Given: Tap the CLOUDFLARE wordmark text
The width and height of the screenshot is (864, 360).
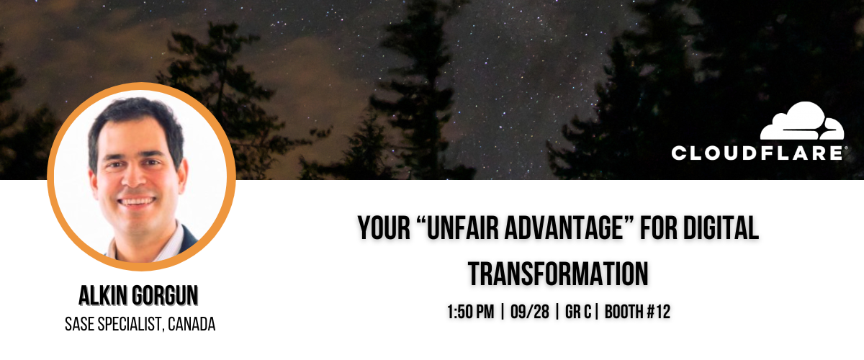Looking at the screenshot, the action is tap(757, 153).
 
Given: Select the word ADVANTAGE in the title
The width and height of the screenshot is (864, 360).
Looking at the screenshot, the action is tap(564, 228).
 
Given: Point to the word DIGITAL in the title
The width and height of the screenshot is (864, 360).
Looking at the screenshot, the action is tap(721, 228).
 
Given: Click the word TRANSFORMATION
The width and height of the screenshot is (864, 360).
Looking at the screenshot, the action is tap(558, 274).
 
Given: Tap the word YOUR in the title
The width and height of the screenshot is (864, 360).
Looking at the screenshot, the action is tap(384, 228).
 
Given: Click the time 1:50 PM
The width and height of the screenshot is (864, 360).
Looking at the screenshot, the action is tap(471, 312).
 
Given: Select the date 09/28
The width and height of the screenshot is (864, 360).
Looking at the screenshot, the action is tap(530, 312).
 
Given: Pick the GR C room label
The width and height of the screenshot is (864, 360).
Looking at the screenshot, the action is tap(577, 312).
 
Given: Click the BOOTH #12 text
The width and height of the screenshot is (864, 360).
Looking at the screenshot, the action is tap(638, 312).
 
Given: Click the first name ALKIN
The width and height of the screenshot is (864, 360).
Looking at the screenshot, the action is tap(103, 296).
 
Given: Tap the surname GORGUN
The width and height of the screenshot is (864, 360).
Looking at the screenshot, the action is tap(165, 296).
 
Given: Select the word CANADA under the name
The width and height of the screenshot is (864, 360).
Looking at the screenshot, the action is tap(192, 324).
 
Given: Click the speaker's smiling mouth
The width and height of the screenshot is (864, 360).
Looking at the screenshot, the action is tap(137, 202).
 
